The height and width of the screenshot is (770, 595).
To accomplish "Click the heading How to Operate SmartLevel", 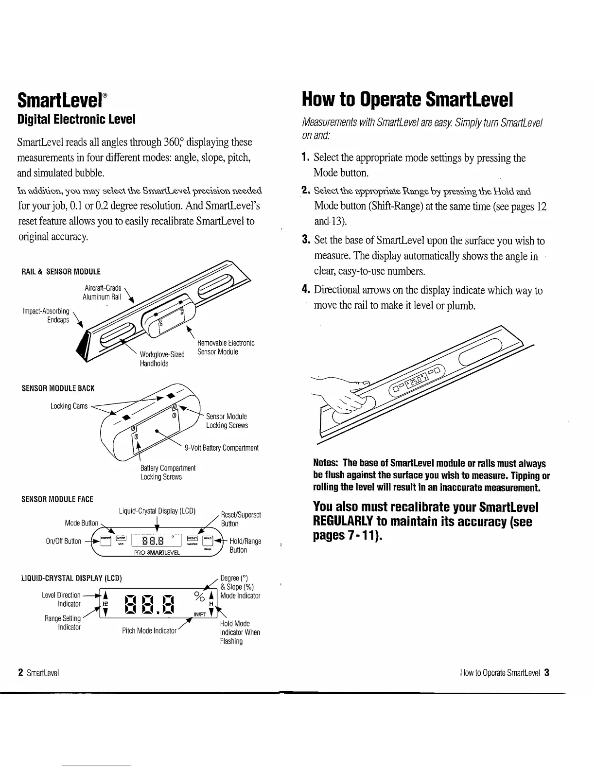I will point(408,99).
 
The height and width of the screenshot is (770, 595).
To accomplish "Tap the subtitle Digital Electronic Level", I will point(76,119).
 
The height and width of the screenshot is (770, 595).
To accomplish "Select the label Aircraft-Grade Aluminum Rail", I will point(102,293).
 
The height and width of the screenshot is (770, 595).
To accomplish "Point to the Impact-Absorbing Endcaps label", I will point(46,315).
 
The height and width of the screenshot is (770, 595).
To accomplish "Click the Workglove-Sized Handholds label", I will point(162,359).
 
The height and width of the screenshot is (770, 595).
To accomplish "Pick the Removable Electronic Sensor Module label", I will point(226,348).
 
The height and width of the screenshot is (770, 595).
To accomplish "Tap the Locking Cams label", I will point(69,406).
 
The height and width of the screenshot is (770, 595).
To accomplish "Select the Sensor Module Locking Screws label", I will point(227,421).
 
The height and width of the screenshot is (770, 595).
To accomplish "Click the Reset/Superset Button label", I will point(241,519).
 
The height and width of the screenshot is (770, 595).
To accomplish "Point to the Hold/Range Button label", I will point(245,545).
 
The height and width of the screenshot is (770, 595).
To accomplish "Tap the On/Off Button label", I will point(66,541).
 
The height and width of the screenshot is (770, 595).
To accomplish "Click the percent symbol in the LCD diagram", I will point(198,595).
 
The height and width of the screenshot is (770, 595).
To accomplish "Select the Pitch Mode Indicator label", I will point(149,630).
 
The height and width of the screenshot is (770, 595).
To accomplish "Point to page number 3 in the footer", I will point(547,673).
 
